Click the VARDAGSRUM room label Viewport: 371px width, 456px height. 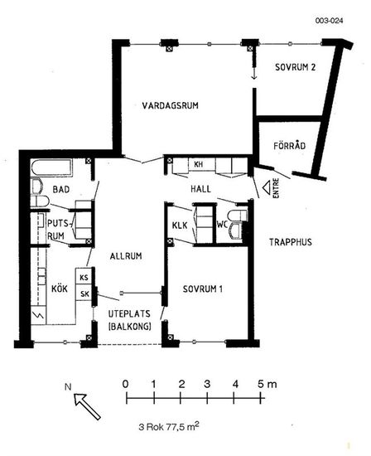click(x=171, y=105)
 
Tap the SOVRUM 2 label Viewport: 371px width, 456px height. click(x=295, y=67)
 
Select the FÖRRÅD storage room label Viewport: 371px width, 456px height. click(x=290, y=145)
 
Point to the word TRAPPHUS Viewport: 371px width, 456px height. click(x=291, y=242)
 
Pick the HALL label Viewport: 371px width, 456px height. click(x=200, y=189)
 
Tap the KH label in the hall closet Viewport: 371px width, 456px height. click(x=198, y=164)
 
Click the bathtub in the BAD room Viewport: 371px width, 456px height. click(x=51, y=167)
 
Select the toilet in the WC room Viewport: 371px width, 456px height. click(x=238, y=216)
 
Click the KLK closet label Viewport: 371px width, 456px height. click(x=180, y=225)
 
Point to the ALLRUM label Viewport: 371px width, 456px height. click(x=126, y=256)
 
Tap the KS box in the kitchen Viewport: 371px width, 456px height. click(x=84, y=276)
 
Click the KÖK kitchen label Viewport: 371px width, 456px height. click(x=60, y=289)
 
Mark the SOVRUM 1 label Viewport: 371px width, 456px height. click(x=203, y=289)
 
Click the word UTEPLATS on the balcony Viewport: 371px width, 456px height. click(x=129, y=313)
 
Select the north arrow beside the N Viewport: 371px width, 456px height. click(x=87, y=406)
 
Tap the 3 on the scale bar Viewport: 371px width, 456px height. click(x=207, y=384)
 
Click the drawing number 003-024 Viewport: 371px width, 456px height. click(x=329, y=21)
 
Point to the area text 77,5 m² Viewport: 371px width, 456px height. click(x=182, y=427)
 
